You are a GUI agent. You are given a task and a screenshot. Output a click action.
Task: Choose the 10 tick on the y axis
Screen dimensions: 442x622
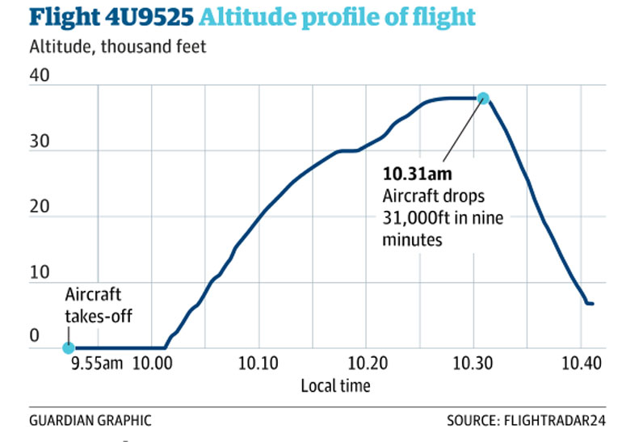(40, 273)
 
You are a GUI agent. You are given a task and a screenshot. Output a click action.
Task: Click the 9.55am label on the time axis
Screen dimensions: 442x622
(97, 364)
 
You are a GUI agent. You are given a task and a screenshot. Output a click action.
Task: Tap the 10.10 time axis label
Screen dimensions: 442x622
(258, 364)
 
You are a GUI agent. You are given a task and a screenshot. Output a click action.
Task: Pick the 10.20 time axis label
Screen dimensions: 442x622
(365, 364)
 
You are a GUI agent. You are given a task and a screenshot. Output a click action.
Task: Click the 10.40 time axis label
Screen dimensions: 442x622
(579, 364)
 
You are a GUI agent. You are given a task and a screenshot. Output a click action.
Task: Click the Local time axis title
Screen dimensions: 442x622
(335, 386)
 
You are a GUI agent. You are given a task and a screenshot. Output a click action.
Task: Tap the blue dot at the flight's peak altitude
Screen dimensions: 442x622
(483, 99)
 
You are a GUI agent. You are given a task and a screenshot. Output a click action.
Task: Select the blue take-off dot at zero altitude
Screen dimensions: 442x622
(69, 348)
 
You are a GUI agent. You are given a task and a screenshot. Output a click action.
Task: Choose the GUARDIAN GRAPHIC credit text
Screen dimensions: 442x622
(89, 421)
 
